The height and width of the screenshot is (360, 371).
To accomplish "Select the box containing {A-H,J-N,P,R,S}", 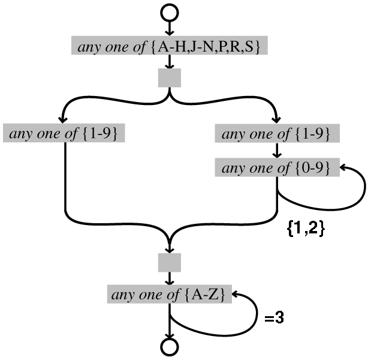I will pos(167,47).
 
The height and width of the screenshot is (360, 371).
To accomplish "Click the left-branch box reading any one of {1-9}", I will pos(64,133).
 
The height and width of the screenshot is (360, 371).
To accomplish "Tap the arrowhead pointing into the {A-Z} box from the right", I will pos(236,295).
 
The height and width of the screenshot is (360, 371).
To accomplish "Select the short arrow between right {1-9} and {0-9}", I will pos(276,151).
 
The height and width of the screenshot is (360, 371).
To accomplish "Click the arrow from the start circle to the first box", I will pos(170,29).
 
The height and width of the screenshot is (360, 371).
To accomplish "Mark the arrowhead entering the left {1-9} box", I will pos(64,120).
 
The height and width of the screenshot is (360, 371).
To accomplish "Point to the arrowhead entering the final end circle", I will pos(170,336).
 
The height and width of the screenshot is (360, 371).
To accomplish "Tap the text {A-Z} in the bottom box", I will pos(210,295).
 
